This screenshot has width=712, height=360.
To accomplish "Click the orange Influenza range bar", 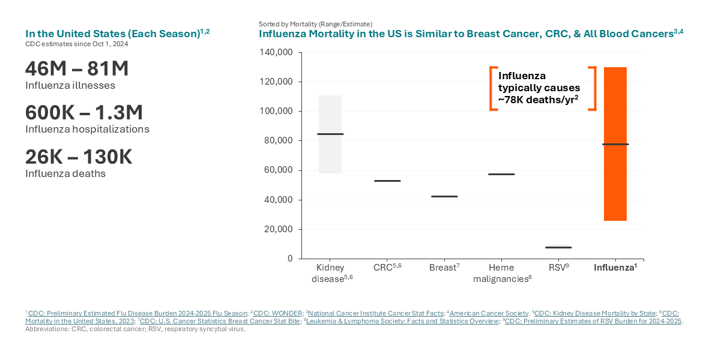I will [x=615, y=180].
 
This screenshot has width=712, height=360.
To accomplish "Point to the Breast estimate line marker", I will [x=444, y=196].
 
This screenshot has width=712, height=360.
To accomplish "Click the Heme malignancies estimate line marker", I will [x=501, y=174].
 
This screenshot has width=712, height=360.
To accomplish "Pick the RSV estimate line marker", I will [x=558, y=247].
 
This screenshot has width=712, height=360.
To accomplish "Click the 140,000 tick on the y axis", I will [x=276, y=52].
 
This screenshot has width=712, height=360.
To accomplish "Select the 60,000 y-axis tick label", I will [x=279, y=170].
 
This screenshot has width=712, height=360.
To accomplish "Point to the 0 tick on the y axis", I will [x=289, y=259].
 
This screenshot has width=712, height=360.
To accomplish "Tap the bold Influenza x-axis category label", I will [x=614, y=268].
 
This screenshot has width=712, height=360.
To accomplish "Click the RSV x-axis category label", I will [x=558, y=268].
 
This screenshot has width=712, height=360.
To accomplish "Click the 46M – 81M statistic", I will [x=77, y=68].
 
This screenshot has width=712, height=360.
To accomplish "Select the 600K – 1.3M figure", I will [x=84, y=112].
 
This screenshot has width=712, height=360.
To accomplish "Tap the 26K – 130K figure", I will [x=79, y=157].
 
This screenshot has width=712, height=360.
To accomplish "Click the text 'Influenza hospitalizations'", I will [x=87, y=129].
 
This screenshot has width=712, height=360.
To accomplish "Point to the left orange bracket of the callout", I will [x=493, y=89].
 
